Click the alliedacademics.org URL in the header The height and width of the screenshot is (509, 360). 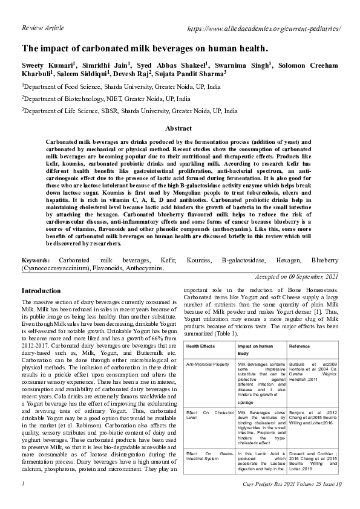[x=265, y=28]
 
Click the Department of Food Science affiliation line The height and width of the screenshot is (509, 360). [x=122, y=86]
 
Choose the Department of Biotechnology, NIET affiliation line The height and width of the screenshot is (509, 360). [x=106, y=99]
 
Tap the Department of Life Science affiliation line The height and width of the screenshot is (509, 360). [x=130, y=111]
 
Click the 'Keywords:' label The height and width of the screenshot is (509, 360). [x=36, y=276]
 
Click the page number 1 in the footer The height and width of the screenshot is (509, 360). [x=23, y=501]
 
